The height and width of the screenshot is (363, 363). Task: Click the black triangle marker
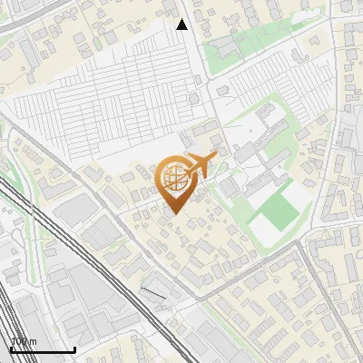pyautogui.click(x=182, y=25)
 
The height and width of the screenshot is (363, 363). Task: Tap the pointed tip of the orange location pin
pyautogui.click(x=173, y=212)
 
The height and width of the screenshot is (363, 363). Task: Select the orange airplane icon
pyautogui.click(x=201, y=166)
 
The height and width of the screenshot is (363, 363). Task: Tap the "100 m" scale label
pyautogui.click(x=24, y=341)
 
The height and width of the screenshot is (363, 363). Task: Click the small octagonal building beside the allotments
pyautogui.click(x=192, y=98)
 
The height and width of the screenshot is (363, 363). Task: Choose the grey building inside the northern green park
pyautogui.click(x=224, y=45)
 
